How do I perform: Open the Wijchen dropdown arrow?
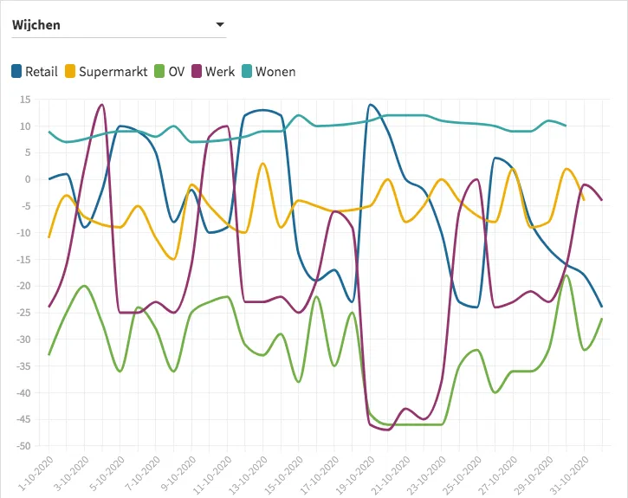click(220, 25)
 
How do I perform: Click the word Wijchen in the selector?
click(36, 25)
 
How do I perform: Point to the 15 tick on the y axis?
click(25, 100)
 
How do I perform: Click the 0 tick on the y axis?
click(28, 179)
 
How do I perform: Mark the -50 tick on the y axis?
click(23, 446)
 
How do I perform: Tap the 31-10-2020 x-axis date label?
click(571, 473)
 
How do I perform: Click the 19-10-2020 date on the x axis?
click(356, 473)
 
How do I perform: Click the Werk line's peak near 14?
click(102, 105)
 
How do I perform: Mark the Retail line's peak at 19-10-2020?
click(370, 105)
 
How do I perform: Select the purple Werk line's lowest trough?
click(387, 430)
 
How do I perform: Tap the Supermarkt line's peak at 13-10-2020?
click(262, 163)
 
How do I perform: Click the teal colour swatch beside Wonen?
click(247, 71)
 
